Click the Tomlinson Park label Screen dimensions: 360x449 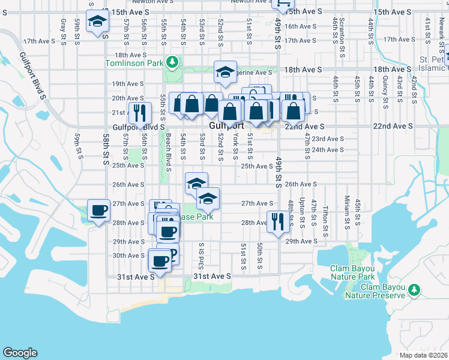(x=135, y=62)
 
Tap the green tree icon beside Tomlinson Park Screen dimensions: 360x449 (x=172, y=62)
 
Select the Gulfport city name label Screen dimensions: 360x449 (x=227, y=126)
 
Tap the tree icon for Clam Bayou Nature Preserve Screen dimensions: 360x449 (x=413, y=290)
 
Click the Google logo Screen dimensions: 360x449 (x=20, y=353)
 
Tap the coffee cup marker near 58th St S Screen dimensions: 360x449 (x=99, y=211)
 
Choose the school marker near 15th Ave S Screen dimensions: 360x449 (x=96, y=22)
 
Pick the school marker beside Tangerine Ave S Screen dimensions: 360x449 (x=225, y=72)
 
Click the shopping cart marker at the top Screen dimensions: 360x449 (x=281, y=5)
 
